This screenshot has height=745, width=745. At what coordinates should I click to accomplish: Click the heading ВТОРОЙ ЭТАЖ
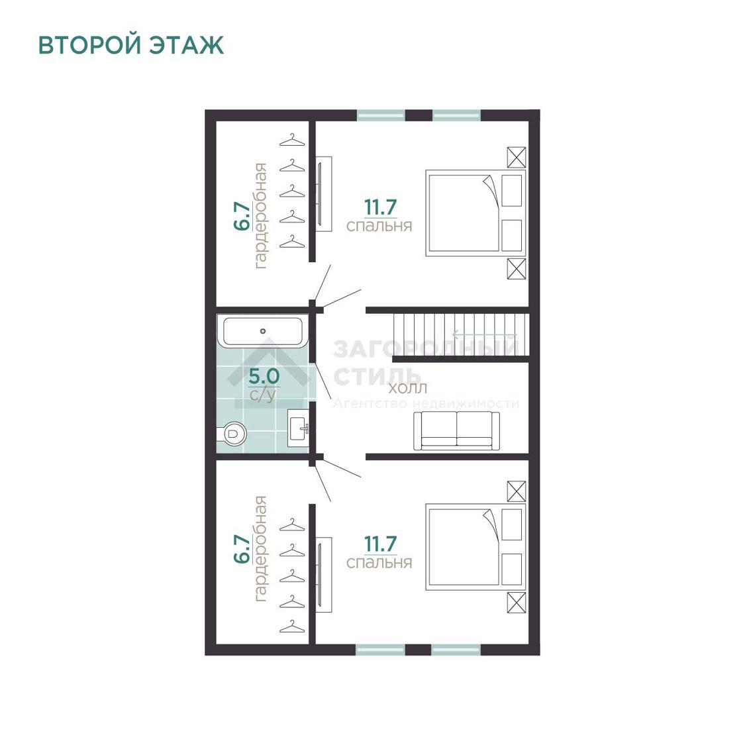[x=130, y=45]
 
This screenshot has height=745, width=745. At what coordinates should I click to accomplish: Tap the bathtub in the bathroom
[x=263, y=331]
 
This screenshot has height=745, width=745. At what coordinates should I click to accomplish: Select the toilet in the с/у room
[x=232, y=433]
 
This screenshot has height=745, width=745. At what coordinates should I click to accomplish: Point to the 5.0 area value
[x=264, y=377]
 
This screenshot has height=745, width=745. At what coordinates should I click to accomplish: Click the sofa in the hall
[x=456, y=430]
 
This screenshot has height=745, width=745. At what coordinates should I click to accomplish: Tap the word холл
[x=408, y=388]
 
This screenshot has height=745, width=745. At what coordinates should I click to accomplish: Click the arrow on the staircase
[x=483, y=334]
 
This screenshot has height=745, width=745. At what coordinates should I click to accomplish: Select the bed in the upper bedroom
[x=475, y=213]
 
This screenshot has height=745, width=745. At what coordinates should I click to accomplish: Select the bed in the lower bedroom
[x=475, y=547]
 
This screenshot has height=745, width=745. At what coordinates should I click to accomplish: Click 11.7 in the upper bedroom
[x=380, y=207]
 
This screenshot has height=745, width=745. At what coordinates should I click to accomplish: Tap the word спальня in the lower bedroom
[x=379, y=562]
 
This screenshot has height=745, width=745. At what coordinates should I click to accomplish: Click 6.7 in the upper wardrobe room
[x=242, y=216]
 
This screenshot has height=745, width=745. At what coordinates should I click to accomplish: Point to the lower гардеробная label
[x=260, y=549]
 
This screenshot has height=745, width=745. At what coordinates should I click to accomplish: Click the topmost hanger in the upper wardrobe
[x=292, y=140]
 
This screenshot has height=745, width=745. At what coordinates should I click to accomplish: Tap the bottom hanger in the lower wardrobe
[x=292, y=626]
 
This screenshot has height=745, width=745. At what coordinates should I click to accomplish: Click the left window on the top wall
[x=381, y=115]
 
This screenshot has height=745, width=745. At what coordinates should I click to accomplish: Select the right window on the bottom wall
[x=456, y=650]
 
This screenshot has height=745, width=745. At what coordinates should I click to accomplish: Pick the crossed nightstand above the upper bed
[x=517, y=157]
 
